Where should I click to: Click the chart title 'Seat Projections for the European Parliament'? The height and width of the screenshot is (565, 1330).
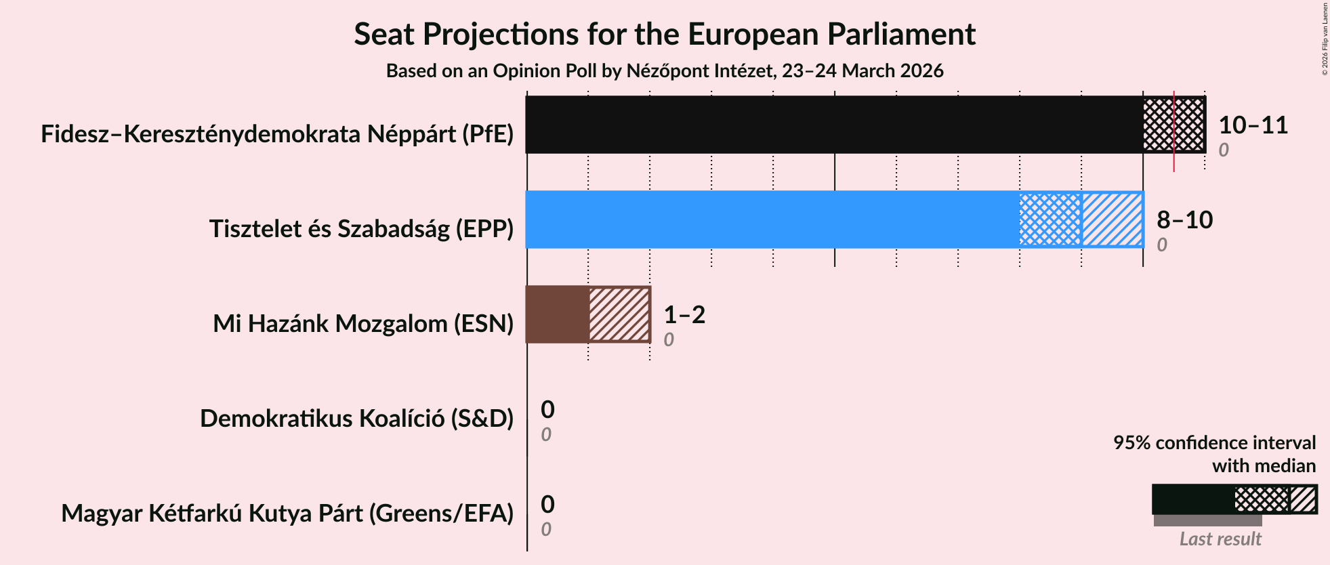664,34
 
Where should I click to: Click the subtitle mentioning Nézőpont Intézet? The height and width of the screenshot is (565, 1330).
664,71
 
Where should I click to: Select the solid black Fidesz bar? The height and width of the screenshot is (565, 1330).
833,125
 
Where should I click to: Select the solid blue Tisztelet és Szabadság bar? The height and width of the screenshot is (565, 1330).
772,219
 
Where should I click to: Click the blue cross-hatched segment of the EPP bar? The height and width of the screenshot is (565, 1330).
1050,219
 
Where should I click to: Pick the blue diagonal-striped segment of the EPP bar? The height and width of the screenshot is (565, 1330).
1112,219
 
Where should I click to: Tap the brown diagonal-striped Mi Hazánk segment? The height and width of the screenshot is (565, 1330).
619,314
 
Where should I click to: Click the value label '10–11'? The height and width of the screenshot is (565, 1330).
1253,125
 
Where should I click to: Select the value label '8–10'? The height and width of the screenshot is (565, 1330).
1184,220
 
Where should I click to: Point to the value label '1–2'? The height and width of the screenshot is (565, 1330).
684,315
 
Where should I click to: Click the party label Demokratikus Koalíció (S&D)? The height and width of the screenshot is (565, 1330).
356,419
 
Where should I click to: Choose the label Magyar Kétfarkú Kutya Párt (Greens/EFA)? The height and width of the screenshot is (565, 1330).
287,514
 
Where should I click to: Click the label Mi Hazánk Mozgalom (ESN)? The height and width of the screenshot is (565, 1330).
363,324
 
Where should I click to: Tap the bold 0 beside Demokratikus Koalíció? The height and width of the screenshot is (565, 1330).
547,410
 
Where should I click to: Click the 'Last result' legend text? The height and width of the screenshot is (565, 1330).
1220,539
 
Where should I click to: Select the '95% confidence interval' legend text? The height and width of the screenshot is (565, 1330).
1214,443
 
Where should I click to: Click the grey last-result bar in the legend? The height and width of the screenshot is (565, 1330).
1207,520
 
